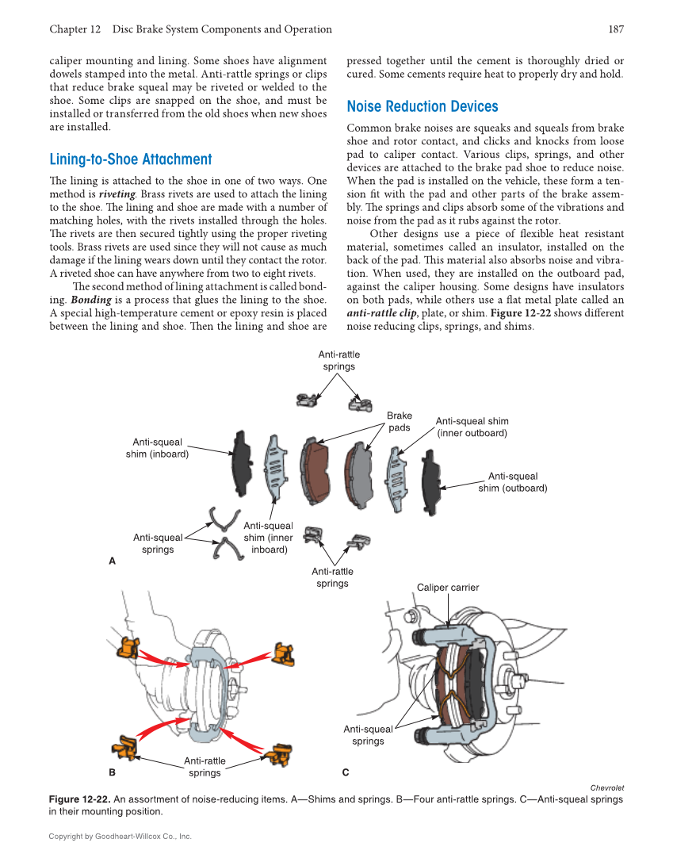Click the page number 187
(616, 29)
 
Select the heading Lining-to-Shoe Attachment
(131, 159)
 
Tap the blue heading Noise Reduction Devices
(423, 106)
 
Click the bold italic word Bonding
(90, 300)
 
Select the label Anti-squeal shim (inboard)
(157, 448)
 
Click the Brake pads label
(400, 421)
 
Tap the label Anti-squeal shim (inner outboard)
(472, 427)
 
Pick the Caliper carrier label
(448, 588)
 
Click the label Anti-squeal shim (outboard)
(512, 482)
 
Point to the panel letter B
(112, 772)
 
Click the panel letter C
(346, 772)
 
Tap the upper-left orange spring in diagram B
(128, 648)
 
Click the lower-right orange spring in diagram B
(279, 755)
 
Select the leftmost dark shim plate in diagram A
(240, 464)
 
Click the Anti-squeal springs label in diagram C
(368, 735)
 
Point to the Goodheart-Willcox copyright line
(120, 836)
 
